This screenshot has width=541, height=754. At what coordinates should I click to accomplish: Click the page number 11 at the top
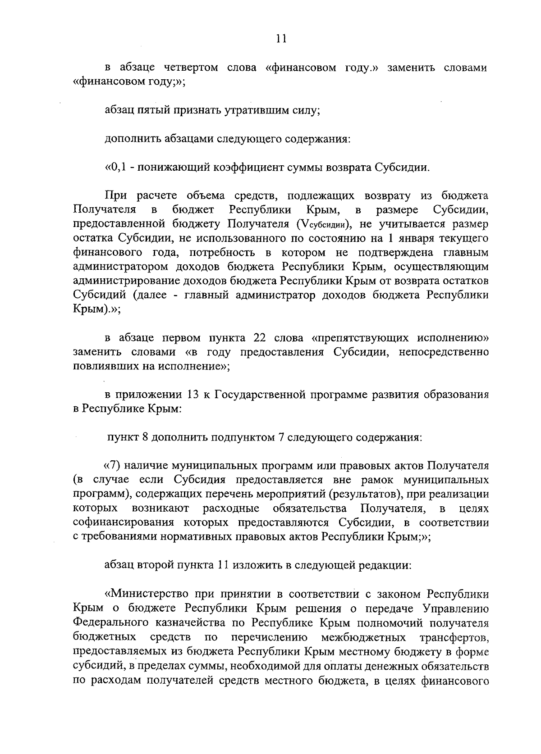click(281, 39)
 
